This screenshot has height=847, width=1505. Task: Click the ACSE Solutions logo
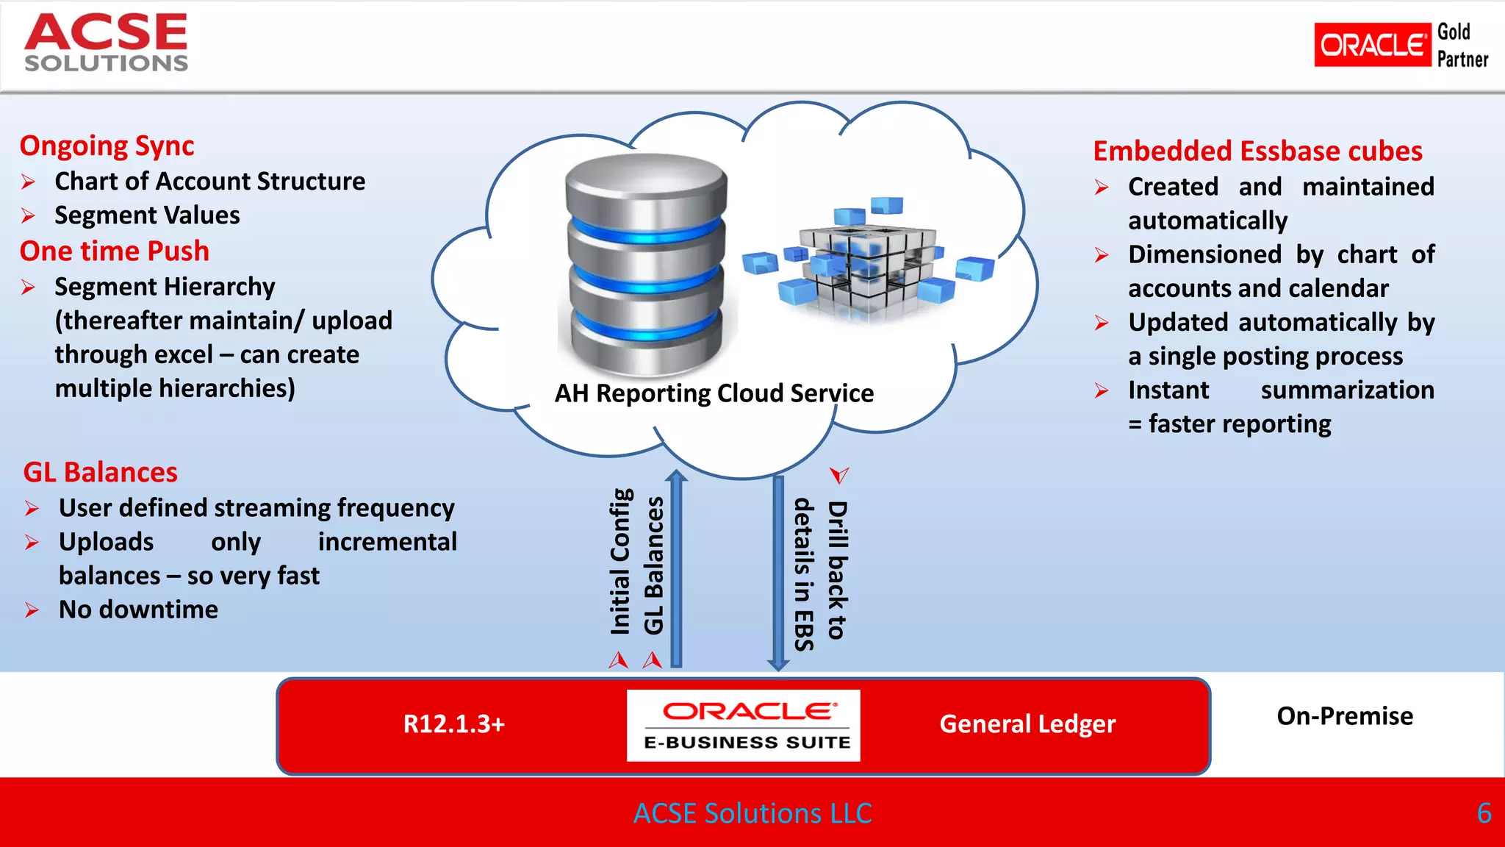point(107,43)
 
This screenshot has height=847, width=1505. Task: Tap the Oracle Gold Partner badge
point(1400,45)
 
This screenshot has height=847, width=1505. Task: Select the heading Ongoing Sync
point(107,146)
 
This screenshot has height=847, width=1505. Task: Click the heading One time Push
point(114,251)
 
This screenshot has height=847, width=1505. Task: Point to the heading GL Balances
point(100,472)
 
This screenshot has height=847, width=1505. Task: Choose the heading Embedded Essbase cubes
point(1257,151)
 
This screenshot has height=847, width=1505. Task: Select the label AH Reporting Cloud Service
point(714,393)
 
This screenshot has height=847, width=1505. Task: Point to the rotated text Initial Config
point(620,562)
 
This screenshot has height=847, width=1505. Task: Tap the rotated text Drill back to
point(838,571)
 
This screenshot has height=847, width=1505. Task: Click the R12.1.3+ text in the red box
point(454,724)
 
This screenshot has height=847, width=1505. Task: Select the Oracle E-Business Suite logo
point(743,725)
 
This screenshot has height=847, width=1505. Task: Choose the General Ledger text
point(1027,724)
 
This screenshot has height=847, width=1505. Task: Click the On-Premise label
point(1344,716)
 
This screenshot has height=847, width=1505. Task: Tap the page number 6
point(1484,813)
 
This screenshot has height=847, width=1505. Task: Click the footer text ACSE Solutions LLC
point(752,813)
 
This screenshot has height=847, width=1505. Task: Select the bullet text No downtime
point(138,610)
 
